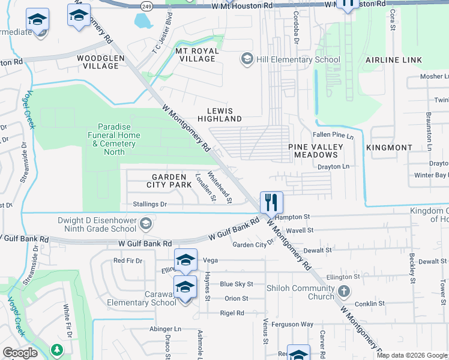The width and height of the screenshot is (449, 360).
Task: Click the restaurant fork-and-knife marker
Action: point(271,202)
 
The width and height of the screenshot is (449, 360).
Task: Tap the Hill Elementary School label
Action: point(298,59)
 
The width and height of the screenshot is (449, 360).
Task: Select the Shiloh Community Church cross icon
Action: point(344,292)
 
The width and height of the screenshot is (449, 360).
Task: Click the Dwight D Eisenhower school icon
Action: point(145,224)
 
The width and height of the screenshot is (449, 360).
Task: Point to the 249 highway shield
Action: point(145,4)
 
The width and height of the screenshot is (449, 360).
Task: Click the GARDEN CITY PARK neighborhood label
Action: point(172,181)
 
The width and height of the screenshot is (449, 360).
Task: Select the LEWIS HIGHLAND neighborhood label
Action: point(224,115)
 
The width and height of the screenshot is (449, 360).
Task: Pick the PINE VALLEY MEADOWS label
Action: point(316,151)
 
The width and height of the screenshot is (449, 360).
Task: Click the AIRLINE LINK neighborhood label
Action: point(393,60)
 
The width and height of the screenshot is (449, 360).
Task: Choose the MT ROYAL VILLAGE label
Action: point(196,55)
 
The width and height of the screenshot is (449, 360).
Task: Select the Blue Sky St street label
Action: point(237,284)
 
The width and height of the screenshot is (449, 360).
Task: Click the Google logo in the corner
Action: point(20,353)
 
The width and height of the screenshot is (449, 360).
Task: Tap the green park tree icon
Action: point(57,349)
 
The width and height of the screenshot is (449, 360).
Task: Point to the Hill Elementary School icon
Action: point(246,59)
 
